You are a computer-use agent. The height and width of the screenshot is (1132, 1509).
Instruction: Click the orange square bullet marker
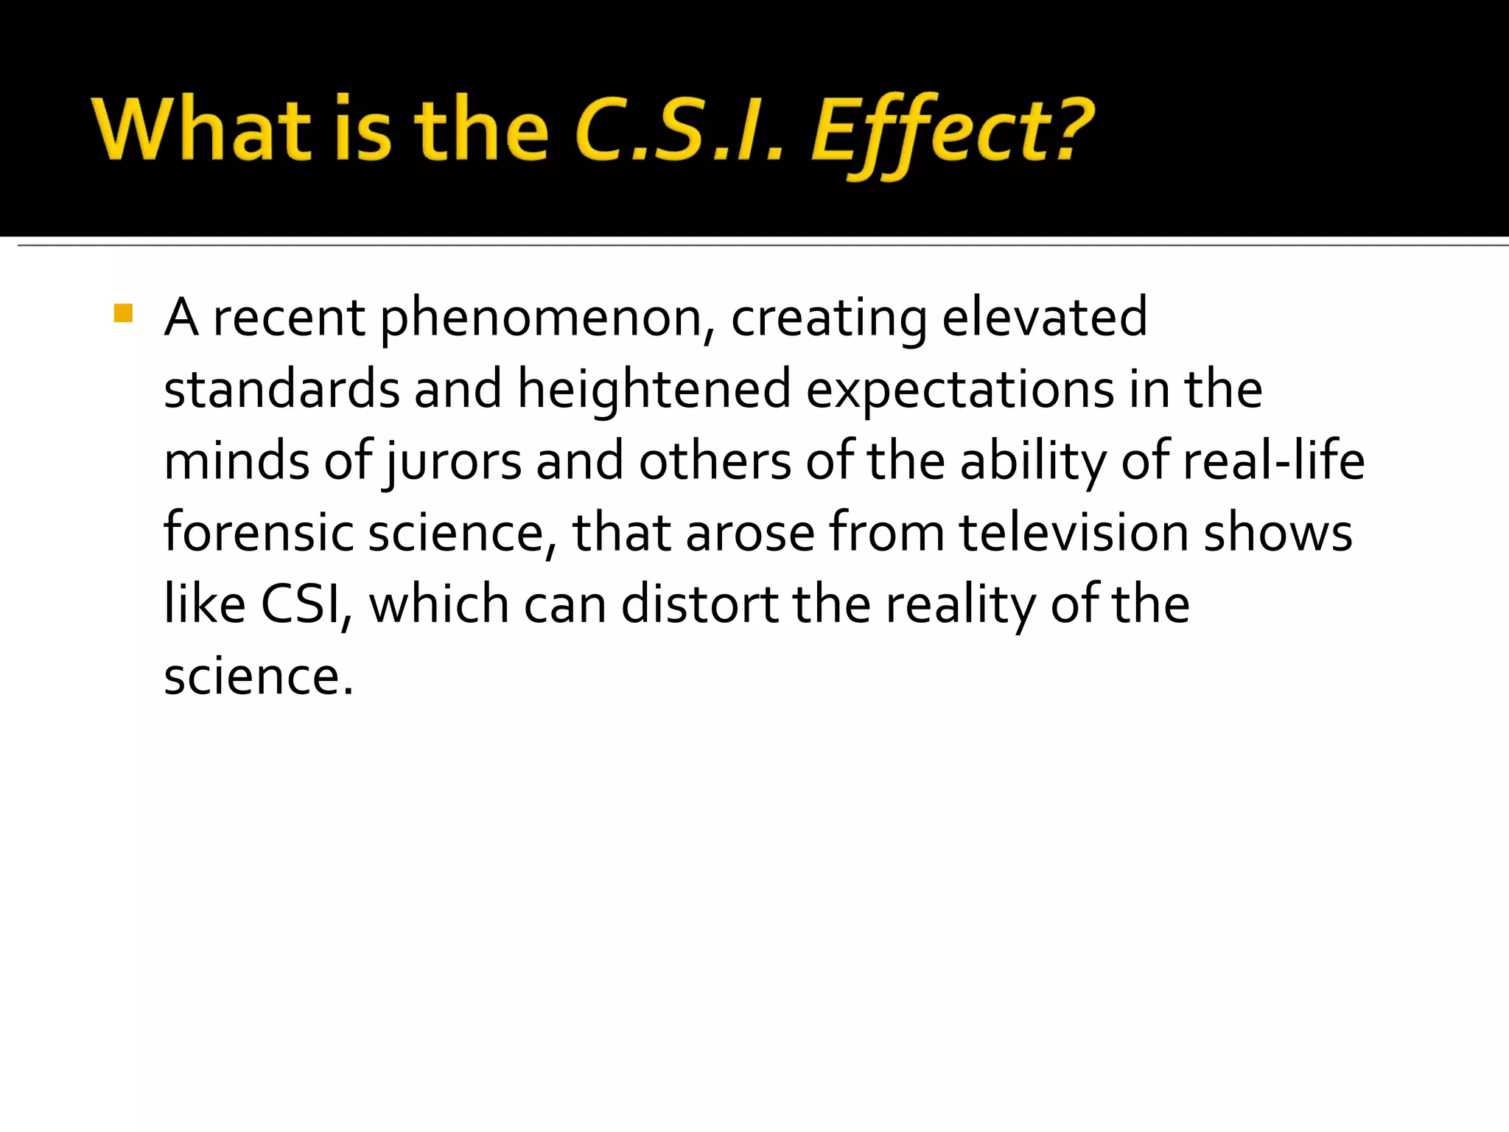coord(124,314)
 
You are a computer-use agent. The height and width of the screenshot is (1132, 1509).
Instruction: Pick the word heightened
coord(654,391)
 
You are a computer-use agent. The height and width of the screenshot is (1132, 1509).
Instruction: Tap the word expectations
coord(960,391)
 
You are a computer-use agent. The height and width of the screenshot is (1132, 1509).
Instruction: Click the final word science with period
coord(259,677)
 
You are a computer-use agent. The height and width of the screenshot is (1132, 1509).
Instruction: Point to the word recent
coord(289,318)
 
